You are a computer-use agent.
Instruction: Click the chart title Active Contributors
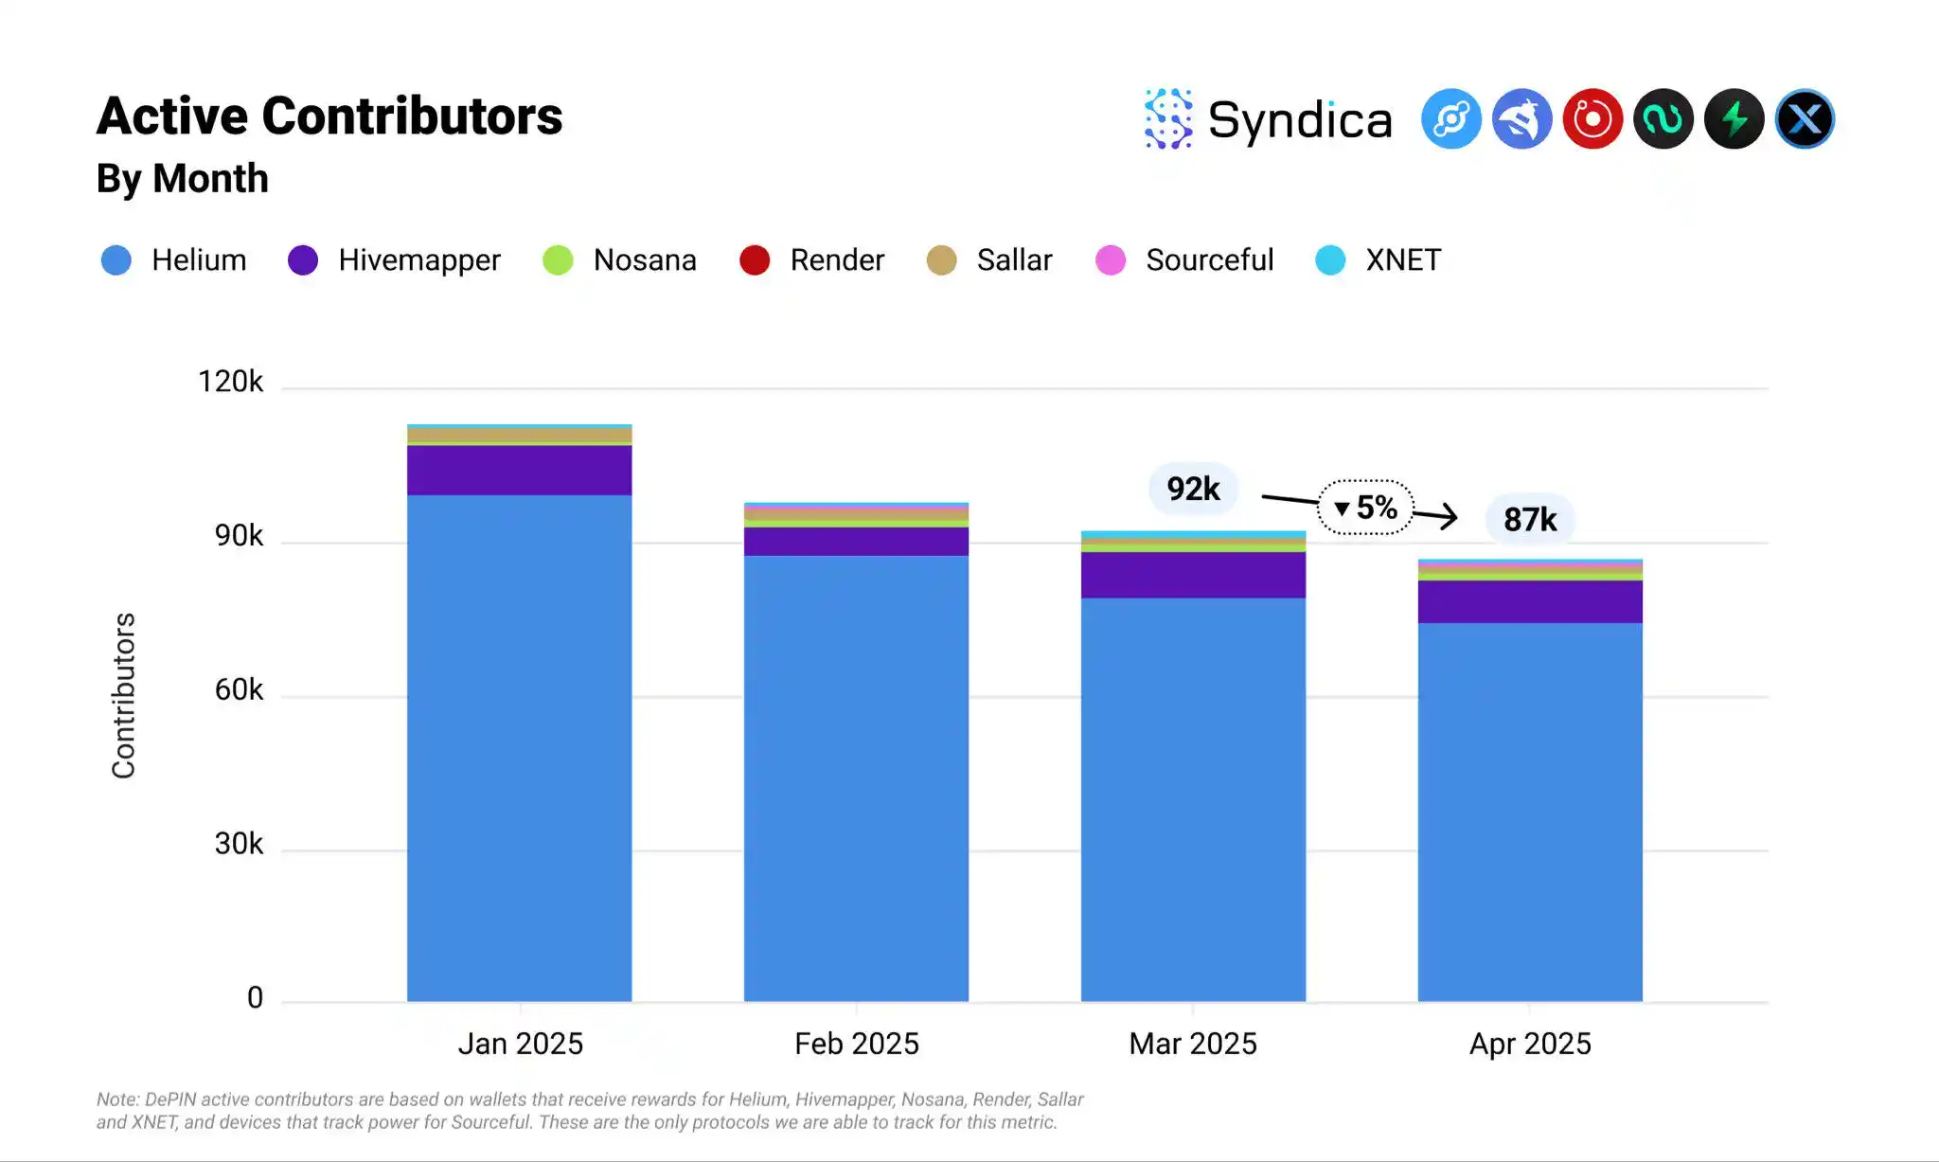[x=329, y=116]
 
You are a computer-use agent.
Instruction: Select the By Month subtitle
[x=183, y=179]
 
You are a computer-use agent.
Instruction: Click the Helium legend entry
[x=174, y=260]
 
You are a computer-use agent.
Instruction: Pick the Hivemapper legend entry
[x=395, y=260]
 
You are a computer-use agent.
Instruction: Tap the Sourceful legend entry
[x=1184, y=260]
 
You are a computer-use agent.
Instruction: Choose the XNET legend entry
[x=1379, y=260]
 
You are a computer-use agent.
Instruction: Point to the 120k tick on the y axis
[x=230, y=382]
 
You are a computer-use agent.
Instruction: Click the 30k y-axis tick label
[x=239, y=844]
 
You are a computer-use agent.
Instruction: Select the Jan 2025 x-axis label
[x=520, y=1044]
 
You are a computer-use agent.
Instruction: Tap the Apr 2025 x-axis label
[x=1530, y=1044]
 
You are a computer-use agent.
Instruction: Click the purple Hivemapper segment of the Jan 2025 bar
[x=520, y=470]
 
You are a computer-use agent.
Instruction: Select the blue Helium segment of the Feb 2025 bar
[x=856, y=777]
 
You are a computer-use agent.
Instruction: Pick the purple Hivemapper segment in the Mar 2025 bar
[x=1193, y=575]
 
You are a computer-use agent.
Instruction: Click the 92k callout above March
[x=1193, y=489]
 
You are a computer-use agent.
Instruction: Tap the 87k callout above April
[x=1530, y=519]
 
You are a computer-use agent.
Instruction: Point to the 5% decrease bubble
[x=1366, y=508]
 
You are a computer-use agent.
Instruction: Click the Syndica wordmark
[x=1300, y=120]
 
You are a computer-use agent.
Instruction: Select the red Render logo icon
[x=1592, y=119]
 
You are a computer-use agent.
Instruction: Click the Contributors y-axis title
[x=124, y=696]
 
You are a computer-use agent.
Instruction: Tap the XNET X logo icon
[x=1805, y=119]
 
